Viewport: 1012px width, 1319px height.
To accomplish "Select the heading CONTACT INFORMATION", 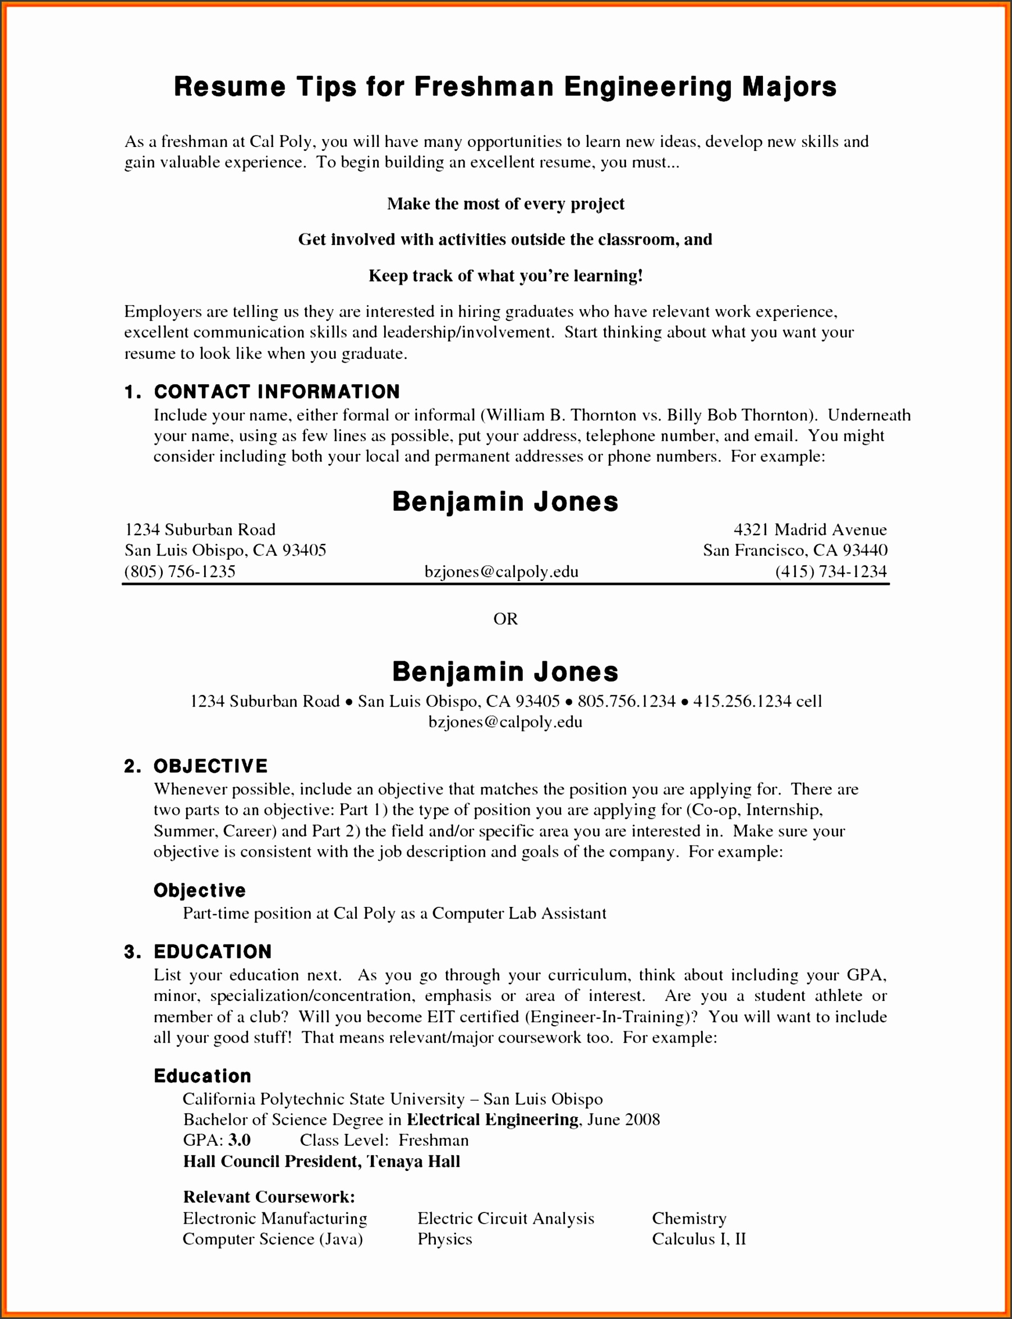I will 277,392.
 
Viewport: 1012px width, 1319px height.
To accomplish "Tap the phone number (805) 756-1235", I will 180,571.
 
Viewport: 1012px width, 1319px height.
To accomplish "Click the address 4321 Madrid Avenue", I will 809,529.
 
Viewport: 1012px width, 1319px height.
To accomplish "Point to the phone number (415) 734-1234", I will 831,571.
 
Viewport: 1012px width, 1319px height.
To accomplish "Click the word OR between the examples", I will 505,619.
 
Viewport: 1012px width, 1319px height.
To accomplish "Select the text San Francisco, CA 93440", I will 795,550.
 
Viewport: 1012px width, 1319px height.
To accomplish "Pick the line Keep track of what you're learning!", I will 505,276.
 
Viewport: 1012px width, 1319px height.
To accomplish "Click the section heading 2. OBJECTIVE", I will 196,766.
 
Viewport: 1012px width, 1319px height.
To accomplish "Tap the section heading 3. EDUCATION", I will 197,952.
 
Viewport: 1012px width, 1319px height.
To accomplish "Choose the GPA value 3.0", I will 240,1140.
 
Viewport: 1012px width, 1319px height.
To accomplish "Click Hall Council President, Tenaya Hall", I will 321,1161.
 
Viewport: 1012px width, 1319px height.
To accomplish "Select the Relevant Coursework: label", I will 269,1197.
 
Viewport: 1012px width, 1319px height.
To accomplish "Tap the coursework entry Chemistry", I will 688,1219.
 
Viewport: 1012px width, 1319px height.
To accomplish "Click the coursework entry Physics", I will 444,1239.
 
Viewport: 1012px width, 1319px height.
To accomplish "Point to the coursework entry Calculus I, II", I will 699,1239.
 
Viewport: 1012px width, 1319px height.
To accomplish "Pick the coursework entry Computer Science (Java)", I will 273,1239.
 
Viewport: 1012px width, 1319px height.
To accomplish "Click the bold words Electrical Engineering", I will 492,1120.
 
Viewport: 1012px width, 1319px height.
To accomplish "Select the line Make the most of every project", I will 505,204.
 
